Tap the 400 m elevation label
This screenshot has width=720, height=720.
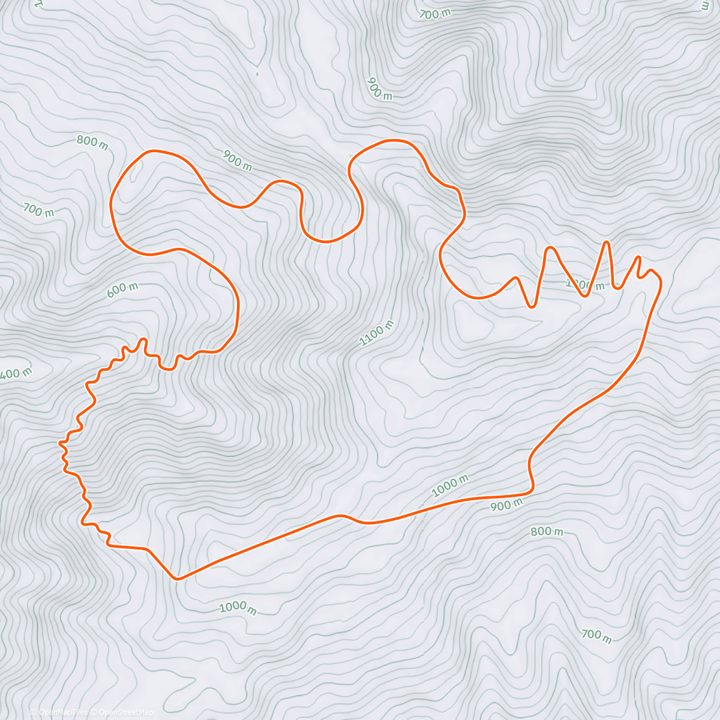click(x=14, y=374)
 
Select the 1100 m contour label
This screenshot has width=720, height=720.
click(x=377, y=334)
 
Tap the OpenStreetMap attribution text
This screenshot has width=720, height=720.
click(x=124, y=712)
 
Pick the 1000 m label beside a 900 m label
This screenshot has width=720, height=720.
click(x=450, y=485)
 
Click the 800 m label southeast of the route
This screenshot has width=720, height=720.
click(x=547, y=532)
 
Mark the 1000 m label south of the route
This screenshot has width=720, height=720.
click(x=238, y=607)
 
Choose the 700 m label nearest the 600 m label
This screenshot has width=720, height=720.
click(x=38, y=210)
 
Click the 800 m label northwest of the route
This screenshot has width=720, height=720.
click(x=92, y=143)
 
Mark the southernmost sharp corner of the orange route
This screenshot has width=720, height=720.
click(x=176, y=579)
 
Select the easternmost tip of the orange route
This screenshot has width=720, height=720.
click(x=661, y=281)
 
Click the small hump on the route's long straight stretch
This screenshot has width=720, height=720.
click(x=341, y=515)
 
